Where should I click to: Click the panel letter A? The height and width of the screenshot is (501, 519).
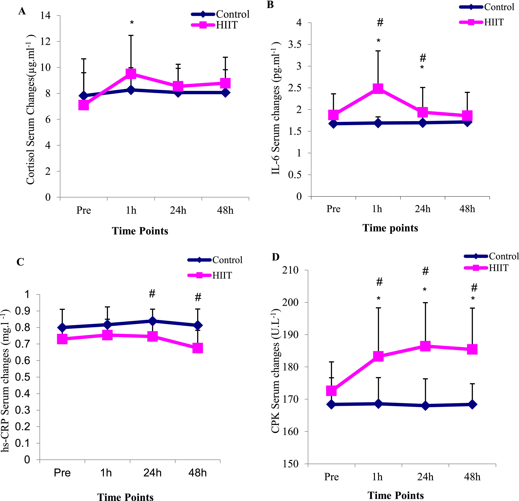tap(22, 11)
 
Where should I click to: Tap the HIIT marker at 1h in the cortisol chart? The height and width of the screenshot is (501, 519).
tap(131, 74)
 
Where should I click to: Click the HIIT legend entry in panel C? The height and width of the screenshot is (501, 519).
tap(222, 275)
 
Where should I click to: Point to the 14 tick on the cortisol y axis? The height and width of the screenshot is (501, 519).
tap(46, 16)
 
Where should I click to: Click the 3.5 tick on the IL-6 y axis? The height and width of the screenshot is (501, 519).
tap(295, 44)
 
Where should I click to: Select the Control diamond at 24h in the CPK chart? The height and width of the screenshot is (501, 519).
tap(425, 406)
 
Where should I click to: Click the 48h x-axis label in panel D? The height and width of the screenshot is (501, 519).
tap(472, 477)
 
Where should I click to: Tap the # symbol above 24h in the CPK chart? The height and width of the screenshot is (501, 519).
tap(425, 271)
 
